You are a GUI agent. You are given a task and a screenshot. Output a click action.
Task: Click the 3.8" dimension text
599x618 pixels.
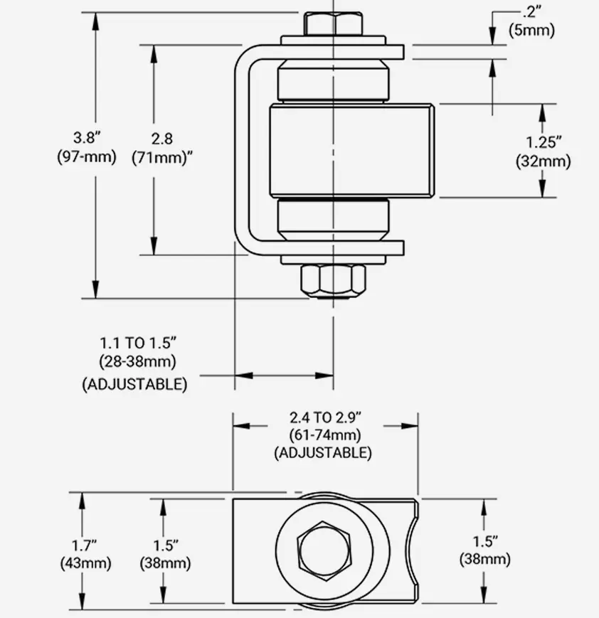pos(87,138)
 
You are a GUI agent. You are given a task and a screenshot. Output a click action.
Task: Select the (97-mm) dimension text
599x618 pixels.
pos(87,156)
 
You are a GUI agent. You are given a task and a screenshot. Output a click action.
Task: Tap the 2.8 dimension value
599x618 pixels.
pos(162,139)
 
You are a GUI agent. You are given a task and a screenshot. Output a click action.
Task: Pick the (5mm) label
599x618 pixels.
pos(531,30)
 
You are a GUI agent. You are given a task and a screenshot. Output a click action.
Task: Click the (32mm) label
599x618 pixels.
pos(544,161)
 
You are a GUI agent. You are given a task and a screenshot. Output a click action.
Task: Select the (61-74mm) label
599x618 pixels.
pos(324,435)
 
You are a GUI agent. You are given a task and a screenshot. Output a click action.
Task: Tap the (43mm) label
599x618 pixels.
pos(85,563)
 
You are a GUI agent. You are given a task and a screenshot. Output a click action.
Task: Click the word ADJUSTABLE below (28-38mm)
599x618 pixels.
pos(135,384)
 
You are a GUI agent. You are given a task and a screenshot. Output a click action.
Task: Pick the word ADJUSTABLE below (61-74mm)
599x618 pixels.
pos(323,452)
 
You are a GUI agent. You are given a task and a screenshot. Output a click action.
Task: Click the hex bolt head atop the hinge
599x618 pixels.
pos(333,24)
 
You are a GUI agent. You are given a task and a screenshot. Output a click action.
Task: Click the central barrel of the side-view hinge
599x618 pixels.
pos(351,150)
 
